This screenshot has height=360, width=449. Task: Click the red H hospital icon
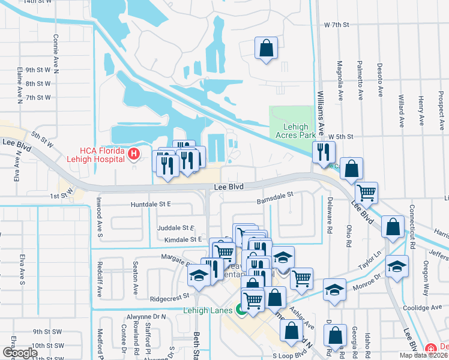[133, 155]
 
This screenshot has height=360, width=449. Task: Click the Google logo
[20, 353]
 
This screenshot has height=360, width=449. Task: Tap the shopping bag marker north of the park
[265, 48]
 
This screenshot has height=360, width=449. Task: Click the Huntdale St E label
[151, 204]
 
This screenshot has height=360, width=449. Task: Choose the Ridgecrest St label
[170, 296]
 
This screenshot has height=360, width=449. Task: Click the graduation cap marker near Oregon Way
[397, 266]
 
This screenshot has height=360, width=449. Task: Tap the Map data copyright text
[424, 355]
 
